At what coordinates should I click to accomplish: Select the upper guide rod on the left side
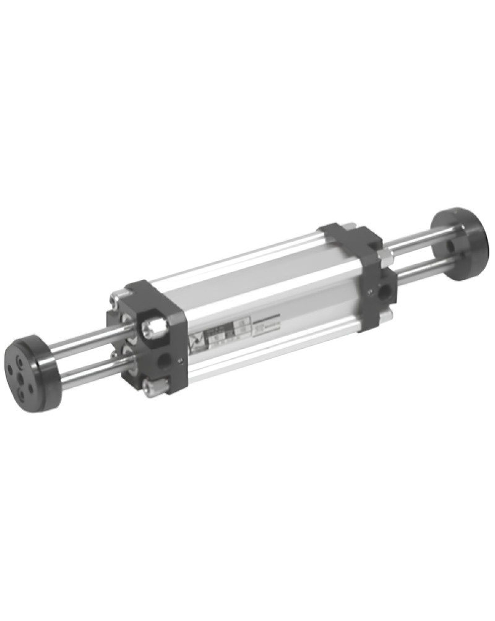pyautogui.click(x=87, y=346)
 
